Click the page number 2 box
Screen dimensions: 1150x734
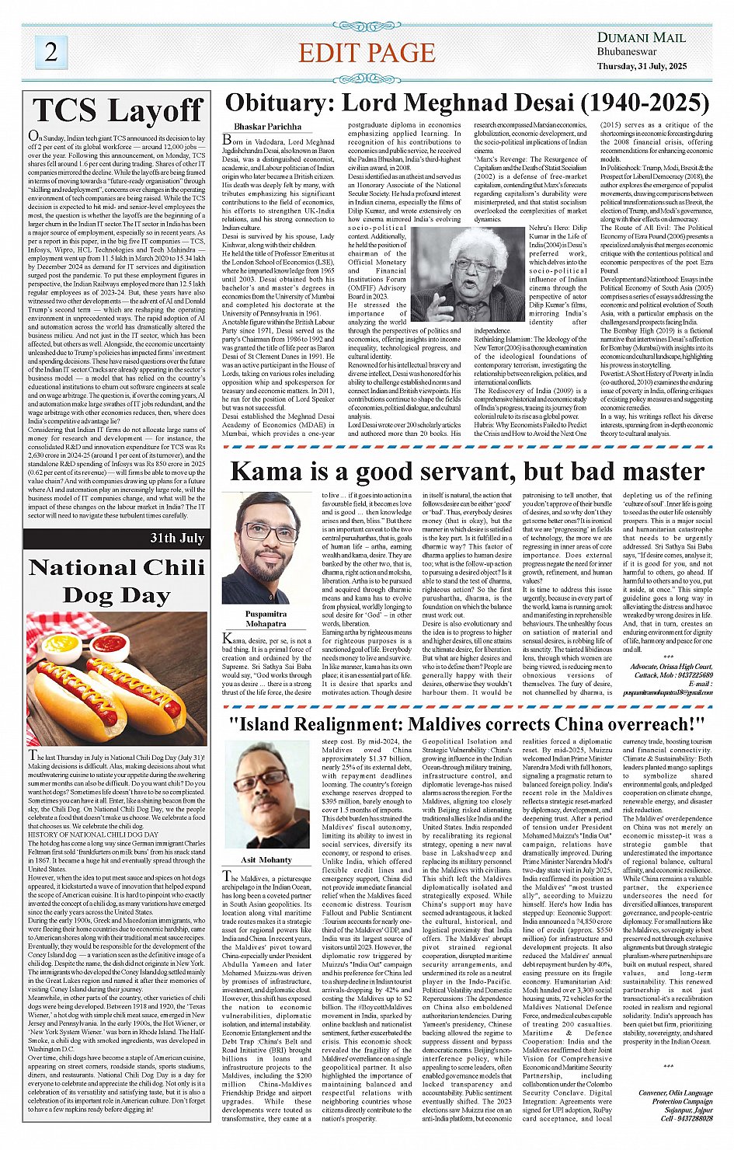(x=51, y=52)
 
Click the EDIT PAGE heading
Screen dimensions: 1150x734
(x=367, y=53)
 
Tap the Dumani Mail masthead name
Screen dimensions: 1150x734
(x=641, y=37)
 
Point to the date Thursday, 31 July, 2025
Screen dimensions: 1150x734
(x=642, y=66)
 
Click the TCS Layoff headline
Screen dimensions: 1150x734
(x=117, y=111)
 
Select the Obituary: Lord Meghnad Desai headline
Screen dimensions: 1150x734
(x=466, y=103)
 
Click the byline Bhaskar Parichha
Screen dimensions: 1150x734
(x=267, y=126)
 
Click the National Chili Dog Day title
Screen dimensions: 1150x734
(x=117, y=581)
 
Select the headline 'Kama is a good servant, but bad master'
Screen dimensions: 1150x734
(x=456, y=472)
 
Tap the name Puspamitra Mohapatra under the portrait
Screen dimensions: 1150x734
(x=266, y=619)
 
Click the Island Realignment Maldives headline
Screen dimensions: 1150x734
(x=466, y=723)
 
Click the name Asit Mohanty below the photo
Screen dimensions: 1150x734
(x=266, y=860)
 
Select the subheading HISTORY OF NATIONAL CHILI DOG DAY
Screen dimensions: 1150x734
(x=93, y=835)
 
